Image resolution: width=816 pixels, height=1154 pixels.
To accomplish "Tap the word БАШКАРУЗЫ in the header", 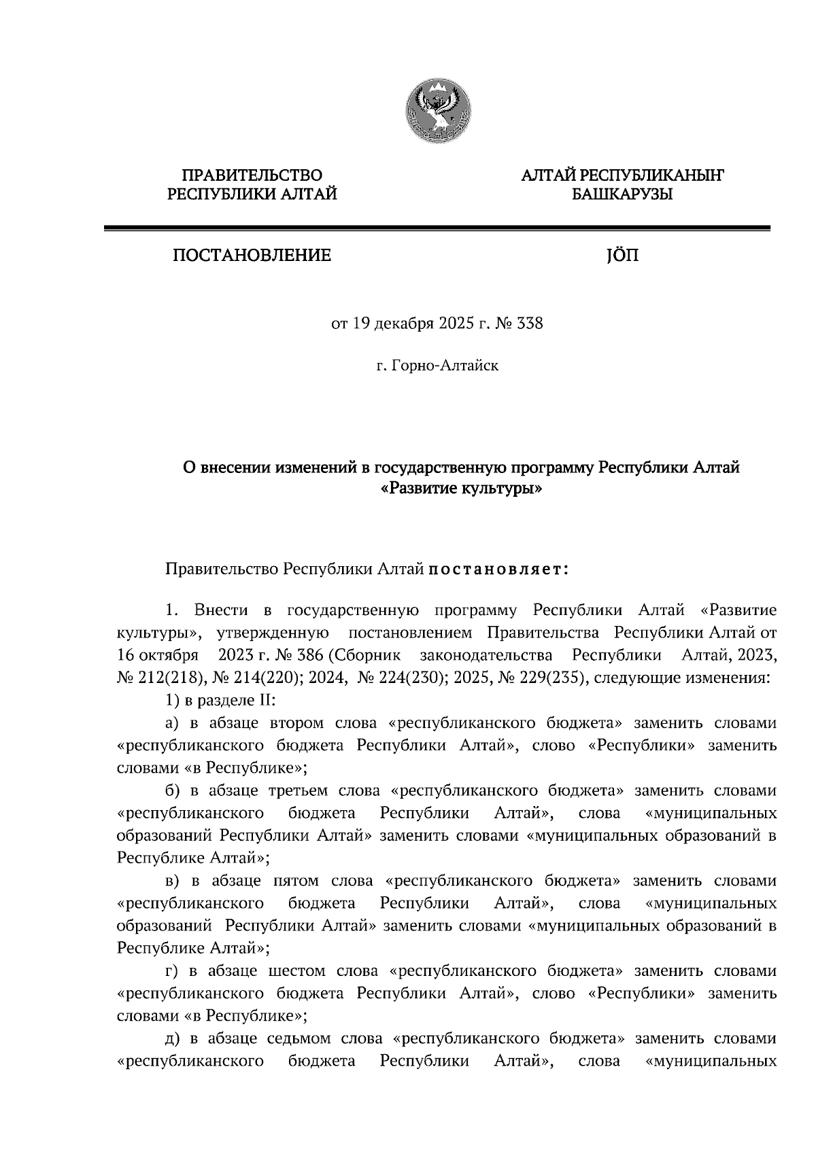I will tap(622, 195).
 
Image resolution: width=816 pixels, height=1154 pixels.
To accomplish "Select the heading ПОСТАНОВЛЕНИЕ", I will tap(252, 256).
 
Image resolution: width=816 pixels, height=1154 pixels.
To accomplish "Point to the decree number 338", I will tap(530, 324).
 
